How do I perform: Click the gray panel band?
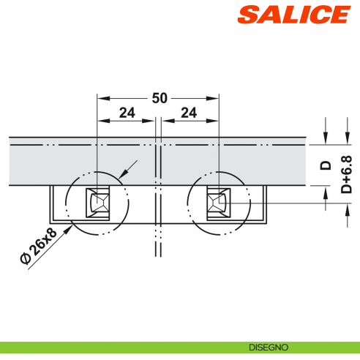[x=73, y=161]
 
